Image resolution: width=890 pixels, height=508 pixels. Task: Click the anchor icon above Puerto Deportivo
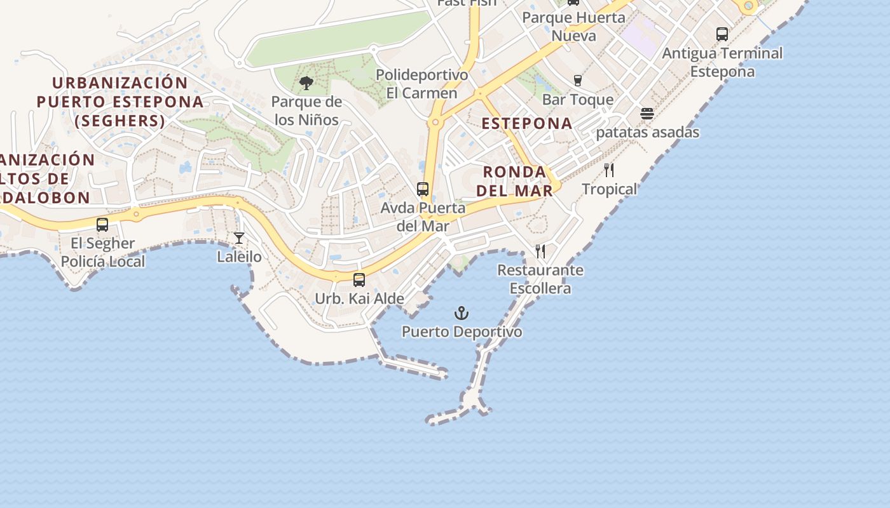[462, 313]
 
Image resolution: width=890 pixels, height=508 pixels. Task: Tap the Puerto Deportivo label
[462, 331]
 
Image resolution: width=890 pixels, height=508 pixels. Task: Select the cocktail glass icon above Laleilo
[239, 238]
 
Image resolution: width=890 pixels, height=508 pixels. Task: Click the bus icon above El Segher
[102, 224]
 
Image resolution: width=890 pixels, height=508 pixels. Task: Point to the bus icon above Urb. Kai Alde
[359, 279]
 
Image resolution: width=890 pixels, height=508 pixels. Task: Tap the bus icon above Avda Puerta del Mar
[423, 189]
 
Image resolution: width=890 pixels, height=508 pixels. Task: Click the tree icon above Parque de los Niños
[306, 83]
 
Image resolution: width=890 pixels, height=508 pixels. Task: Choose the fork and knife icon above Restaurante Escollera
[540, 251]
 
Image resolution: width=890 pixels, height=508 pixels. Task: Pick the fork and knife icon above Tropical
[609, 170]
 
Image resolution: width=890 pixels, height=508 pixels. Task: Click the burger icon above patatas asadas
[647, 114]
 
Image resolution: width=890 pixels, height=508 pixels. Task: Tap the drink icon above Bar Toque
[578, 80]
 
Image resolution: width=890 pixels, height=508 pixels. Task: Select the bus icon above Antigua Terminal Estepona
[722, 34]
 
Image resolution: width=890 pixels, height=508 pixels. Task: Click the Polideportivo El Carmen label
[422, 84]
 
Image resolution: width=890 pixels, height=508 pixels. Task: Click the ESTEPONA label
[527, 123]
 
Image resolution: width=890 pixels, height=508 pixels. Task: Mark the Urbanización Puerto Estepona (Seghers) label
[120, 102]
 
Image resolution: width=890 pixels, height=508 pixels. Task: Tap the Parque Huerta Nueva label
[574, 26]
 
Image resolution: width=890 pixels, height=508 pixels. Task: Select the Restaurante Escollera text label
[540, 279]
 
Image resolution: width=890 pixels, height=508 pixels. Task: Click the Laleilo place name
[239, 257]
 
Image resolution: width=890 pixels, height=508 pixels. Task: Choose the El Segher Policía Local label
[103, 252]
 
